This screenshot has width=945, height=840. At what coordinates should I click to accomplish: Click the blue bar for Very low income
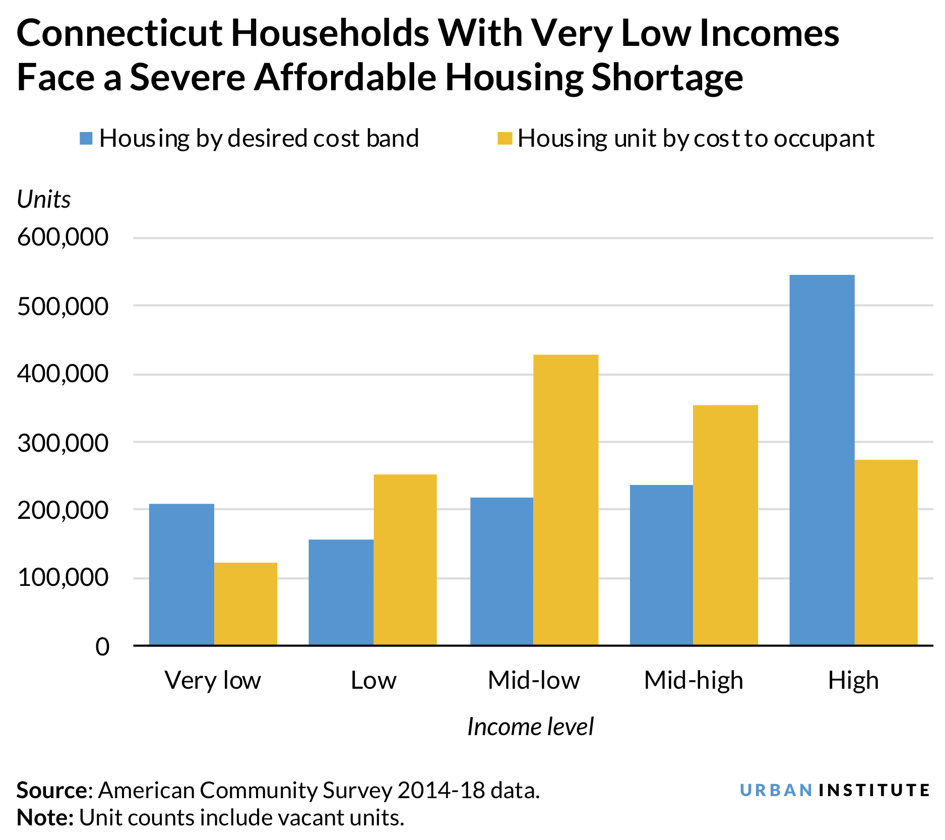[181, 574]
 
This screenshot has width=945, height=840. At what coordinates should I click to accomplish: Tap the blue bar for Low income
[341, 592]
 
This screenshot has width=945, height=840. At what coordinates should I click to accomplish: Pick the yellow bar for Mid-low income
[565, 499]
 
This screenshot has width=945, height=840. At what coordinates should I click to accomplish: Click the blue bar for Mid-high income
[661, 565]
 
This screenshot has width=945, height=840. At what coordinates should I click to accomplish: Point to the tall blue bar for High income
[822, 459]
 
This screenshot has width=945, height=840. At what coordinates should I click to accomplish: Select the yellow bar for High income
[886, 552]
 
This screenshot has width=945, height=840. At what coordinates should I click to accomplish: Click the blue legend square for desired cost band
[86, 138]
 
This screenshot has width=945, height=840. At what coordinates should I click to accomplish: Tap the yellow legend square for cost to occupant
[505, 138]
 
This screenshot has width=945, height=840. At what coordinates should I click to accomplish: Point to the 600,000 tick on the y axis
[63, 237]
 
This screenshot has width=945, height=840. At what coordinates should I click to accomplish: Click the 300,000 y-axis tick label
[63, 443]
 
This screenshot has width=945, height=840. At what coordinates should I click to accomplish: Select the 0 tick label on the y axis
[102, 646]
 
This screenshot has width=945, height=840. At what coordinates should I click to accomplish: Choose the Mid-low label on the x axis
[534, 680]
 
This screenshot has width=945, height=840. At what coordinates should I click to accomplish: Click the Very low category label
[213, 680]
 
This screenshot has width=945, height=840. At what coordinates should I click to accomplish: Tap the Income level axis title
[530, 727]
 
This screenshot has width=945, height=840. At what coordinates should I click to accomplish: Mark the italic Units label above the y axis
[44, 200]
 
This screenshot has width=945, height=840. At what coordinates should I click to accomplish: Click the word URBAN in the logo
[776, 790]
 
